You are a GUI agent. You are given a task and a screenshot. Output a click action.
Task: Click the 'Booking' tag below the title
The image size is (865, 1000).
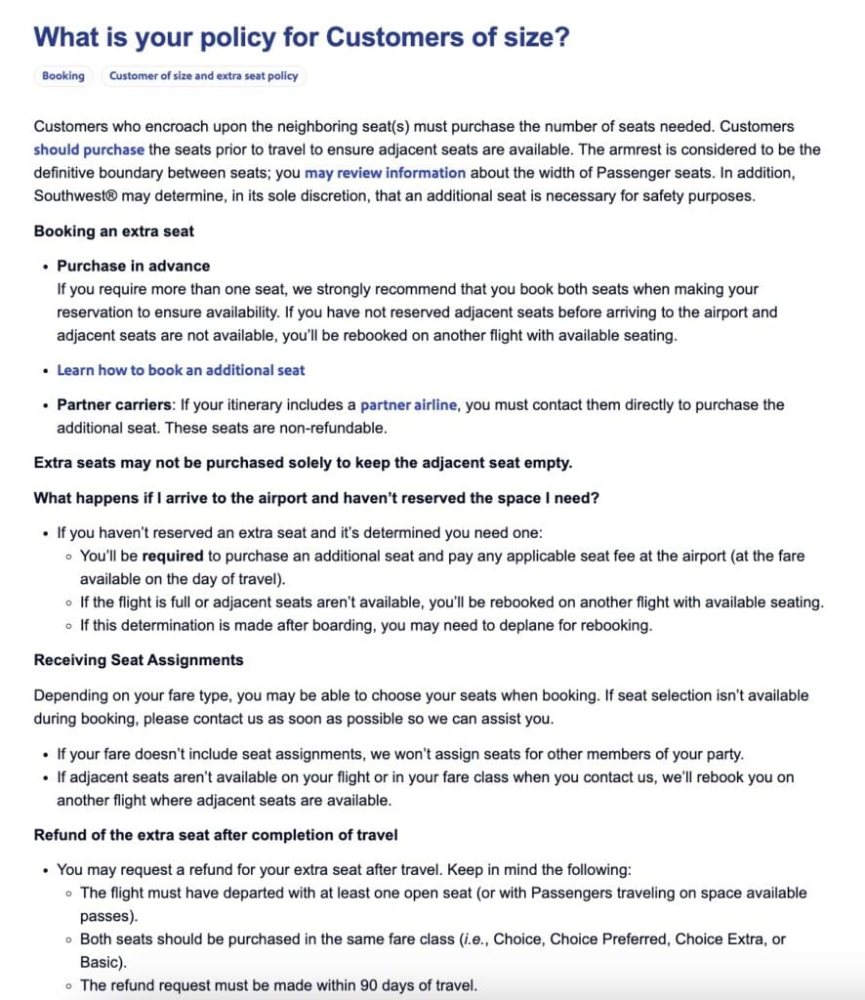pos(63,75)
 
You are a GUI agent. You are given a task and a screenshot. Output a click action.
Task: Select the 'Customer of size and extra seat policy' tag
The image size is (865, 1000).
pos(203,75)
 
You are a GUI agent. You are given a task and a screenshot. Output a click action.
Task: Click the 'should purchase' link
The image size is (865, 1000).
pos(89,149)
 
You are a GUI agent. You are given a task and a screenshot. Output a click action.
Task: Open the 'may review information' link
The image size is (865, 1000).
pos(385,173)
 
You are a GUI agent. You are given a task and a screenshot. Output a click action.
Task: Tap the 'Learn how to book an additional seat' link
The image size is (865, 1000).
pos(181,370)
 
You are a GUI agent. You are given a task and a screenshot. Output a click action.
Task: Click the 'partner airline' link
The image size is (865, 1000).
pos(408,404)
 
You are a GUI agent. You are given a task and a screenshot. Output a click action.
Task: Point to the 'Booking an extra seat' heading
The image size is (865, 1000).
pos(114,231)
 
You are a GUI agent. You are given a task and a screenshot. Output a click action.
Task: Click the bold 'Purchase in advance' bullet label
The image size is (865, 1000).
pos(133,266)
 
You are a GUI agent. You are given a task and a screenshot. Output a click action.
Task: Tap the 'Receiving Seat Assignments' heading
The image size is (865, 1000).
pos(139,660)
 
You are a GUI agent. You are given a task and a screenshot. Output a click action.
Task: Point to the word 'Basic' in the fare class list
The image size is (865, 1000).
pos(101,962)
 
